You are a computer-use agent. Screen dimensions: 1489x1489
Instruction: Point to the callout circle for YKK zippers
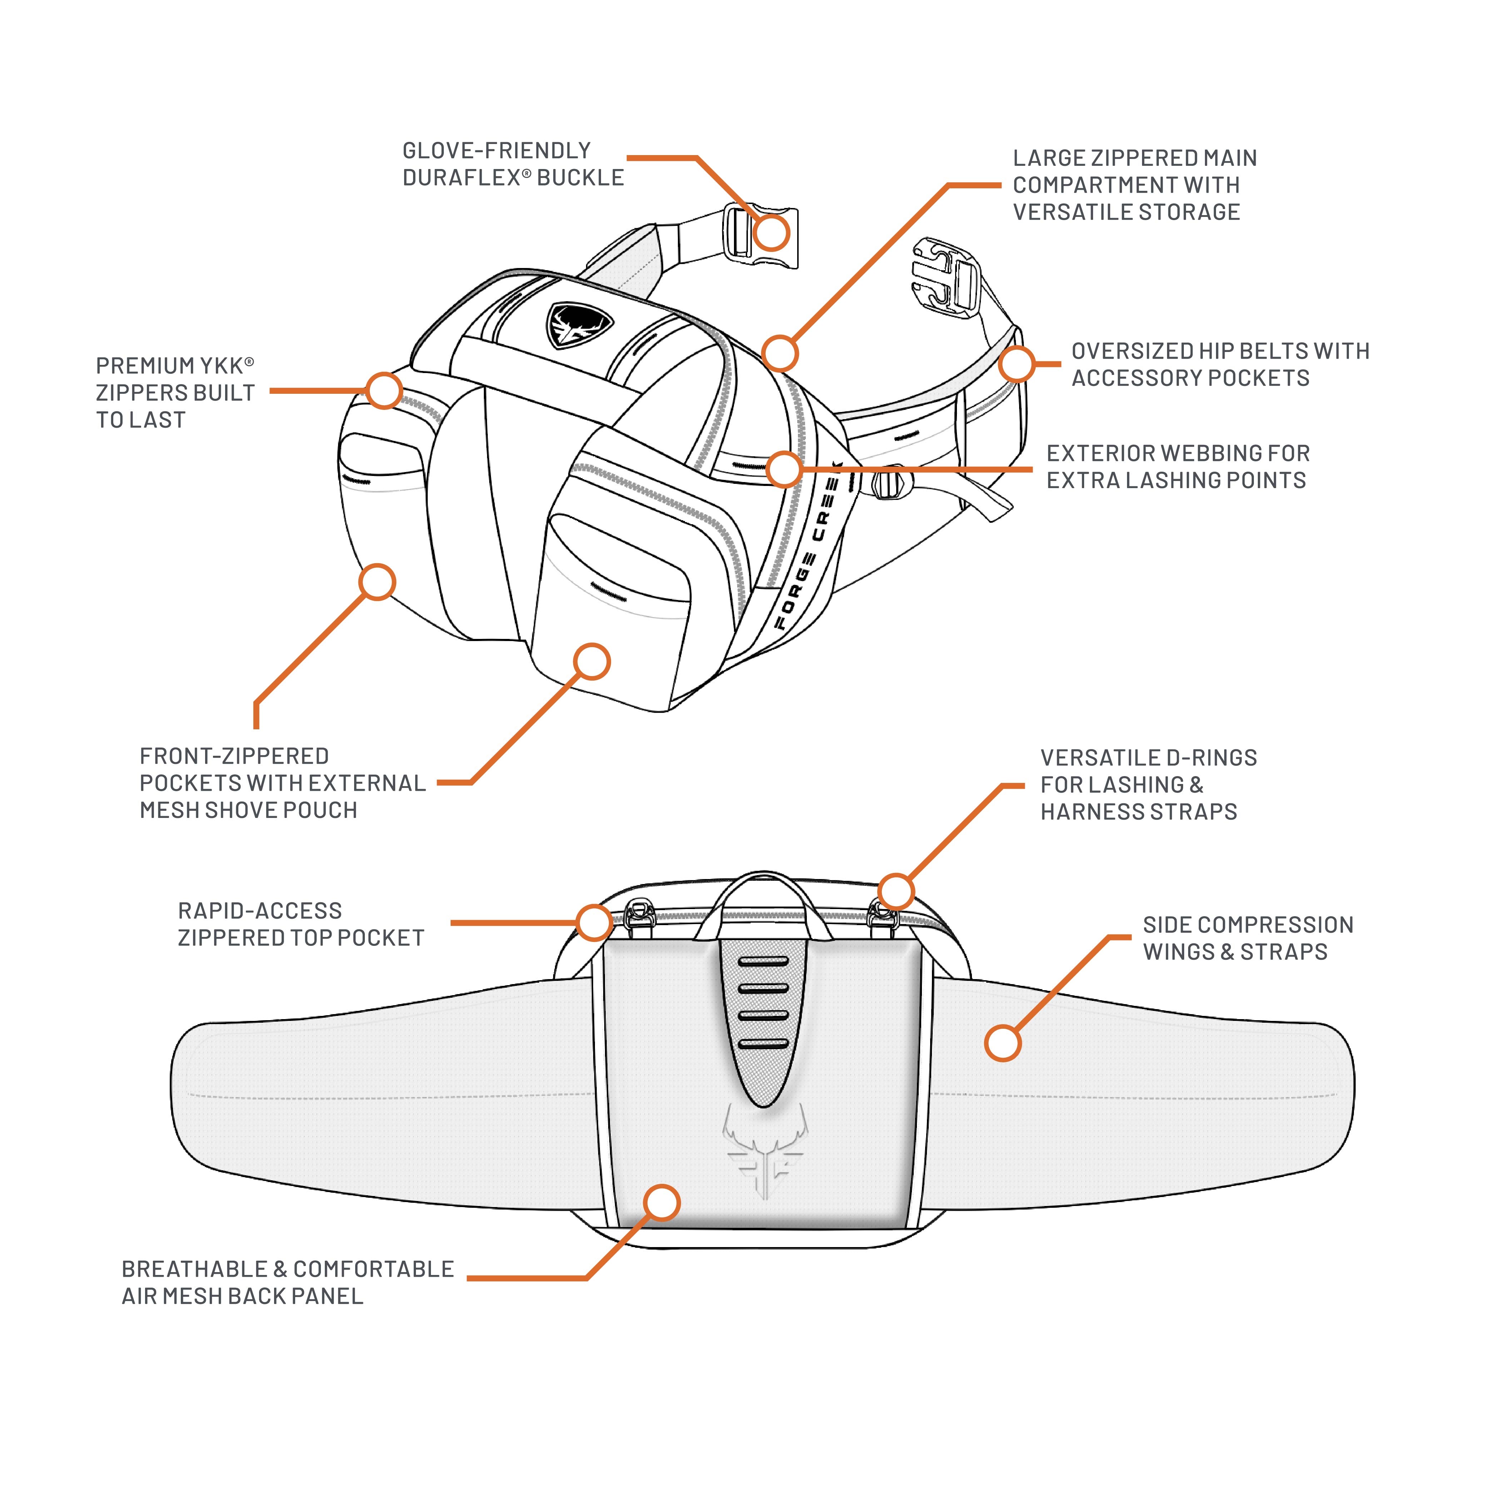[384, 391]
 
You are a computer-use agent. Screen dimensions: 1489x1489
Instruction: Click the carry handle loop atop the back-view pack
[763, 883]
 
